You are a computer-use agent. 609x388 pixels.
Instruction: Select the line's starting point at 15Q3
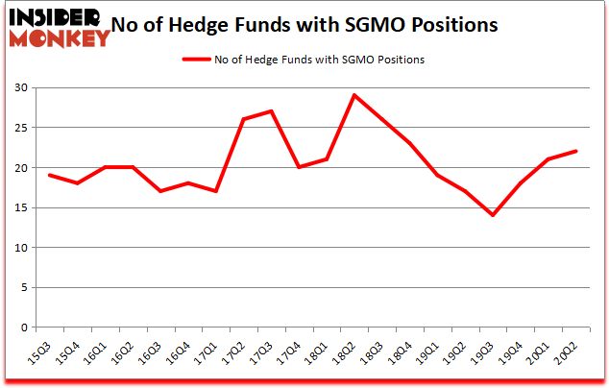48,175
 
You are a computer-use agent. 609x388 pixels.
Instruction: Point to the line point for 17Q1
216,191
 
